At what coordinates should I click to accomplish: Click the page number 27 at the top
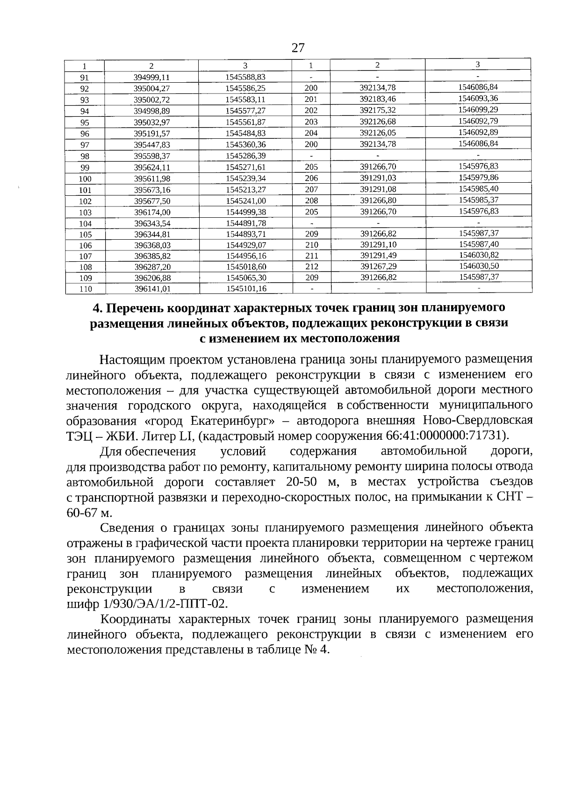tap(298, 48)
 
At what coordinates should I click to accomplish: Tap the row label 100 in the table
tap(85, 179)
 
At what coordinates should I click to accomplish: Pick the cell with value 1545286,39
tap(245, 156)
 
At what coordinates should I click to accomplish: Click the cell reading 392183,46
tap(378, 99)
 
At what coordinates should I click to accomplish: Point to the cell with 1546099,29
tap(478, 109)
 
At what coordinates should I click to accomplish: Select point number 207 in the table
tap(311, 189)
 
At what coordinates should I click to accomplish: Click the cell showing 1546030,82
tap(478, 254)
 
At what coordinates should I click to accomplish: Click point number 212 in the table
tap(311, 267)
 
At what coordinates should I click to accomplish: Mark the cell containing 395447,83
tap(151, 145)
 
